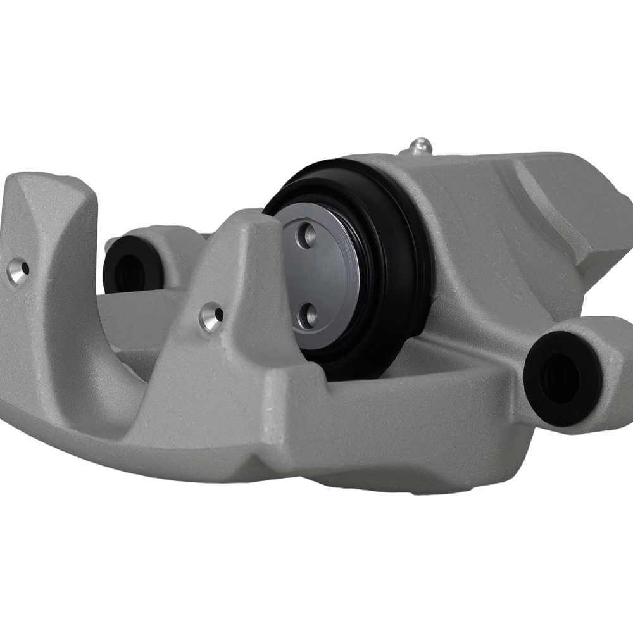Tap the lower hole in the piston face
308,315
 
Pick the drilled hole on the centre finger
211,316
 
